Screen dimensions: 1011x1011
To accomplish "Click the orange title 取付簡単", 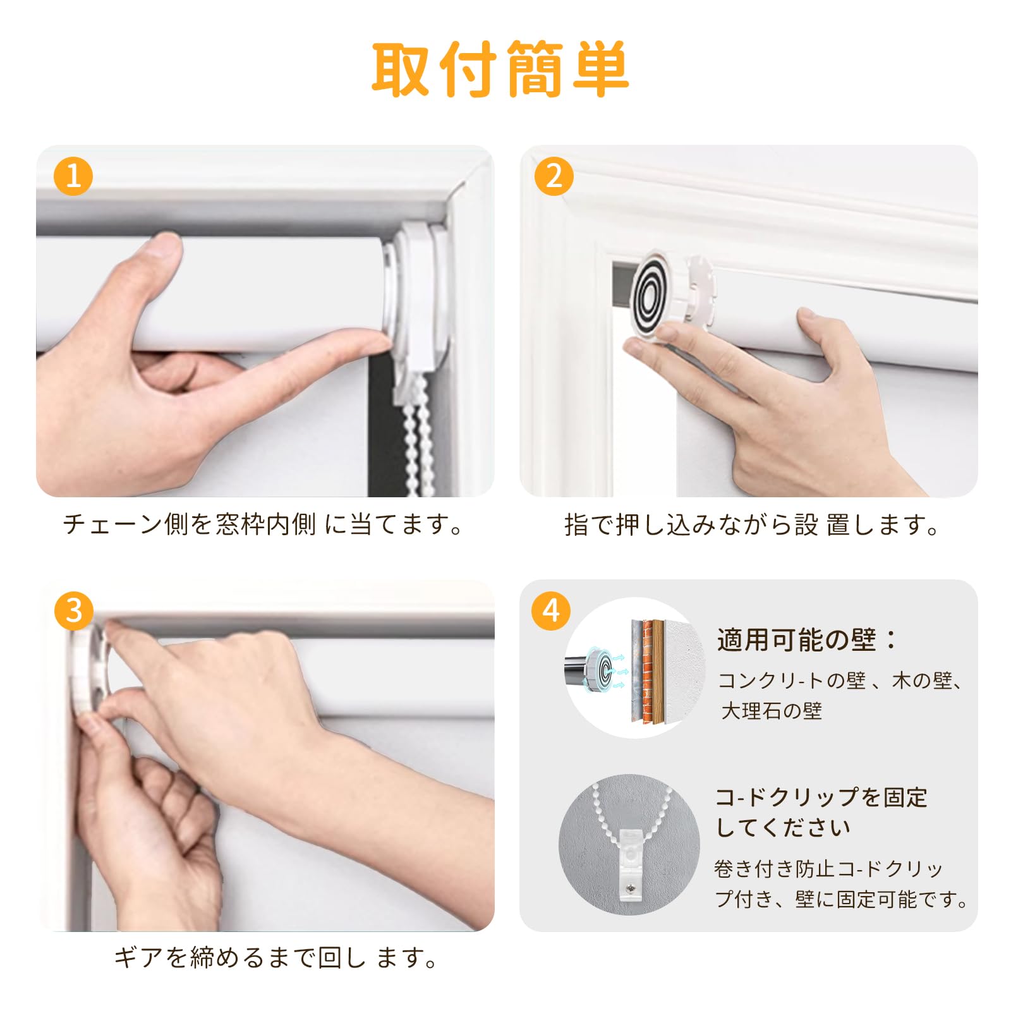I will click(499, 70).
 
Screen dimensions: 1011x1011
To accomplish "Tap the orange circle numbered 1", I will click(73, 176).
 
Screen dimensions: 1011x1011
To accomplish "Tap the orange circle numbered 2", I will click(554, 176).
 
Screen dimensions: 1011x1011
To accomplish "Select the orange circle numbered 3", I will click(74, 610).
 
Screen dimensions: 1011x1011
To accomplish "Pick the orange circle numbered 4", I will click(551, 610).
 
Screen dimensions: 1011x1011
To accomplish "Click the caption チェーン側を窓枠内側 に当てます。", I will click(264, 524).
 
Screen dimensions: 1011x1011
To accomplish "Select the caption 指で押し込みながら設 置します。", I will click(752, 524).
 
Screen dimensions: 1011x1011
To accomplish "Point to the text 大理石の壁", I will click(772, 711).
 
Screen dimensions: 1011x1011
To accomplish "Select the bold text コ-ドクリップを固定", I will click(821, 797).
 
